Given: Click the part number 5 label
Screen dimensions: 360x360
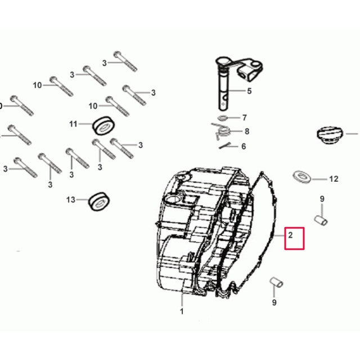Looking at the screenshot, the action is [249, 91].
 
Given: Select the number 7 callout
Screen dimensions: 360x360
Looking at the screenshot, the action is [245, 118].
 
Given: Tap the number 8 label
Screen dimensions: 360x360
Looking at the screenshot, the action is [247, 131].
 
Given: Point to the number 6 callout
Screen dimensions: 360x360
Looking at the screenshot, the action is [244, 146].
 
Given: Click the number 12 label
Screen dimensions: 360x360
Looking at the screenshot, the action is [334, 179].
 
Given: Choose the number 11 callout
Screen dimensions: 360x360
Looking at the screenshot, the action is [73, 124].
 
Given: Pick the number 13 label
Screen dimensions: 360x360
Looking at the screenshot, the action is [71, 200].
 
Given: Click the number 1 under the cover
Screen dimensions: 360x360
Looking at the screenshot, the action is [182, 311].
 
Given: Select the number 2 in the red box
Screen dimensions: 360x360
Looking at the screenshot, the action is [290, 235].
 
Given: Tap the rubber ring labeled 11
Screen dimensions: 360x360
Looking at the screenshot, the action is [103, 125].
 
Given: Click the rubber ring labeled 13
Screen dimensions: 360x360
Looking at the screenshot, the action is [99, 201].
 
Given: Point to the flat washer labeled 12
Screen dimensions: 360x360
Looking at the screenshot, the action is [301, 177].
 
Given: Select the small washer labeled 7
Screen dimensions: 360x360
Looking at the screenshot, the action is [223, 118].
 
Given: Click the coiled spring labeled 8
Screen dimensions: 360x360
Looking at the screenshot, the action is [222, 132].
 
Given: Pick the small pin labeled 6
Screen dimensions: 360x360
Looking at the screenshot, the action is [224, 146].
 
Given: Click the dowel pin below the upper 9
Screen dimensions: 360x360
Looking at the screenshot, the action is [321, 220].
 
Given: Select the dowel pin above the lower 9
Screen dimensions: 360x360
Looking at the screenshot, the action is [276, 282].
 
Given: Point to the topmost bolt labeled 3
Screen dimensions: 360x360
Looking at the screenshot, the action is [125, 61].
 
